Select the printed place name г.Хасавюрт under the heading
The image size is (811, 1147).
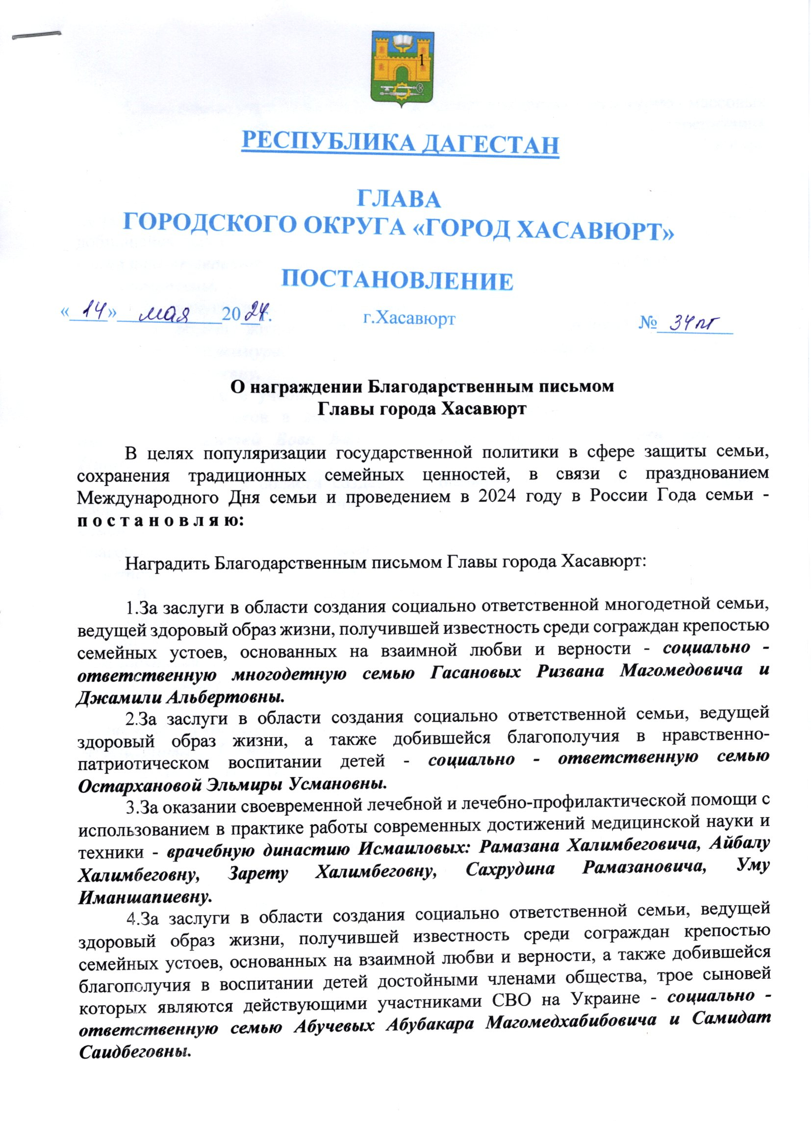tap(409, 318)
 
